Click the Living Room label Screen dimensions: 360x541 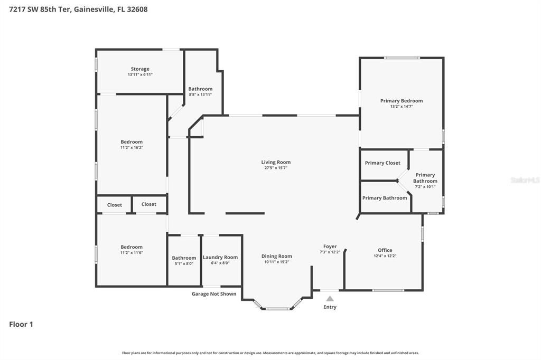276,162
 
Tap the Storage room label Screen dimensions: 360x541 140,69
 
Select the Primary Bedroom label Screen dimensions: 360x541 402,100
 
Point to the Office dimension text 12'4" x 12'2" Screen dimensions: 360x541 385,256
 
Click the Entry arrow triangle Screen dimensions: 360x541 330,298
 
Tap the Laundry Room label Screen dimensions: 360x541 220,257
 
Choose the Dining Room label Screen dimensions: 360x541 276,256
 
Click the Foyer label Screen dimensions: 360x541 330,246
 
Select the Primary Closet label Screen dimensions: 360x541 383,163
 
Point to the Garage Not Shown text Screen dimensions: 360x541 213,293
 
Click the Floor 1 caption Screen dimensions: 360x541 21,324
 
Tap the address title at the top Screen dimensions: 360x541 78,9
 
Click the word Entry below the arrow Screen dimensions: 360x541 330,307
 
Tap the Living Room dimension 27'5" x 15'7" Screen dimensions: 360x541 276,168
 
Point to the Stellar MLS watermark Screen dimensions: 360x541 525,180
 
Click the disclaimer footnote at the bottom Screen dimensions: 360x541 270,353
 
